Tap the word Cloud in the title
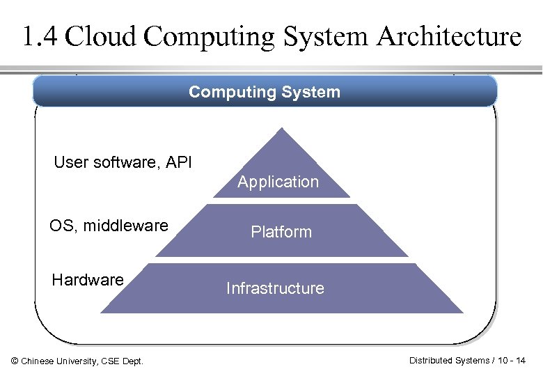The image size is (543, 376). tap(98, 36)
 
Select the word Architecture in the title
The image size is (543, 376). tap(449, 36)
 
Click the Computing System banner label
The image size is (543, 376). tap(265, 92)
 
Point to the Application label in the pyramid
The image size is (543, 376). tap(278, 182)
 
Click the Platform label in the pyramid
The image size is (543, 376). tap(281, 232)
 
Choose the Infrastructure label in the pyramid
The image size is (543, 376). tap(275, 288)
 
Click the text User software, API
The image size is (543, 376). tap(123, 163)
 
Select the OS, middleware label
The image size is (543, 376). tap(109, 226)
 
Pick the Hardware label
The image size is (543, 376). tap(88, 280)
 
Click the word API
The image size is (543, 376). tap(179, 163)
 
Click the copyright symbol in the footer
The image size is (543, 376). tap(15, 361)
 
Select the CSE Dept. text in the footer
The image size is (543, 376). tap(123, 361)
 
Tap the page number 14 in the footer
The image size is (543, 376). tap(521, 360)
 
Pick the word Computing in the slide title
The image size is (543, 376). tap(210, 36)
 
